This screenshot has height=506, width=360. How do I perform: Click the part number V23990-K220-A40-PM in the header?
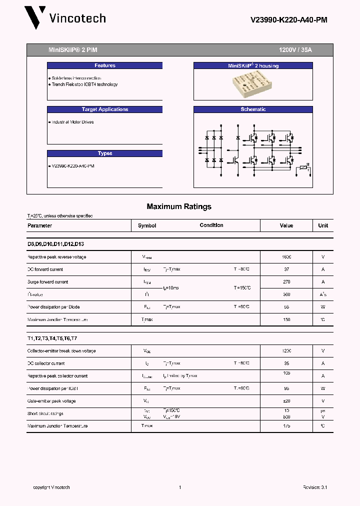288,20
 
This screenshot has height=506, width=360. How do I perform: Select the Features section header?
105,65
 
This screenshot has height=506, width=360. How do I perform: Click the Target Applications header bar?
105,109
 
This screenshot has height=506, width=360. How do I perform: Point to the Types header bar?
105,153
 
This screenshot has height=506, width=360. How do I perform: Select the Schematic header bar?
253,109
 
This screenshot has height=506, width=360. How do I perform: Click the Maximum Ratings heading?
179,206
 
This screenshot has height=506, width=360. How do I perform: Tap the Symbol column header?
147,225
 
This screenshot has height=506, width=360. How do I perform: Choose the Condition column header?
211,225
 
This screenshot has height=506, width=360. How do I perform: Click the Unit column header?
323,225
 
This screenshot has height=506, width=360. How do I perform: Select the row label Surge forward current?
47,282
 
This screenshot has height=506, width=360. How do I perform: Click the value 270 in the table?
286,282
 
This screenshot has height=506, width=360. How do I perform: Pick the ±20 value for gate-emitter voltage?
286,401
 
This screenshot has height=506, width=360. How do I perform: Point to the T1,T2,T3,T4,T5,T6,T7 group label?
53,338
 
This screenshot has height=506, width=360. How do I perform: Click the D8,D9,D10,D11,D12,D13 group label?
55,244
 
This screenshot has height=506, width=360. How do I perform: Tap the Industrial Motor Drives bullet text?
72,122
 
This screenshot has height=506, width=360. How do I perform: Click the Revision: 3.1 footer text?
314,487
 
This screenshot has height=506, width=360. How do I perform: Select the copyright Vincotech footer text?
51,487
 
